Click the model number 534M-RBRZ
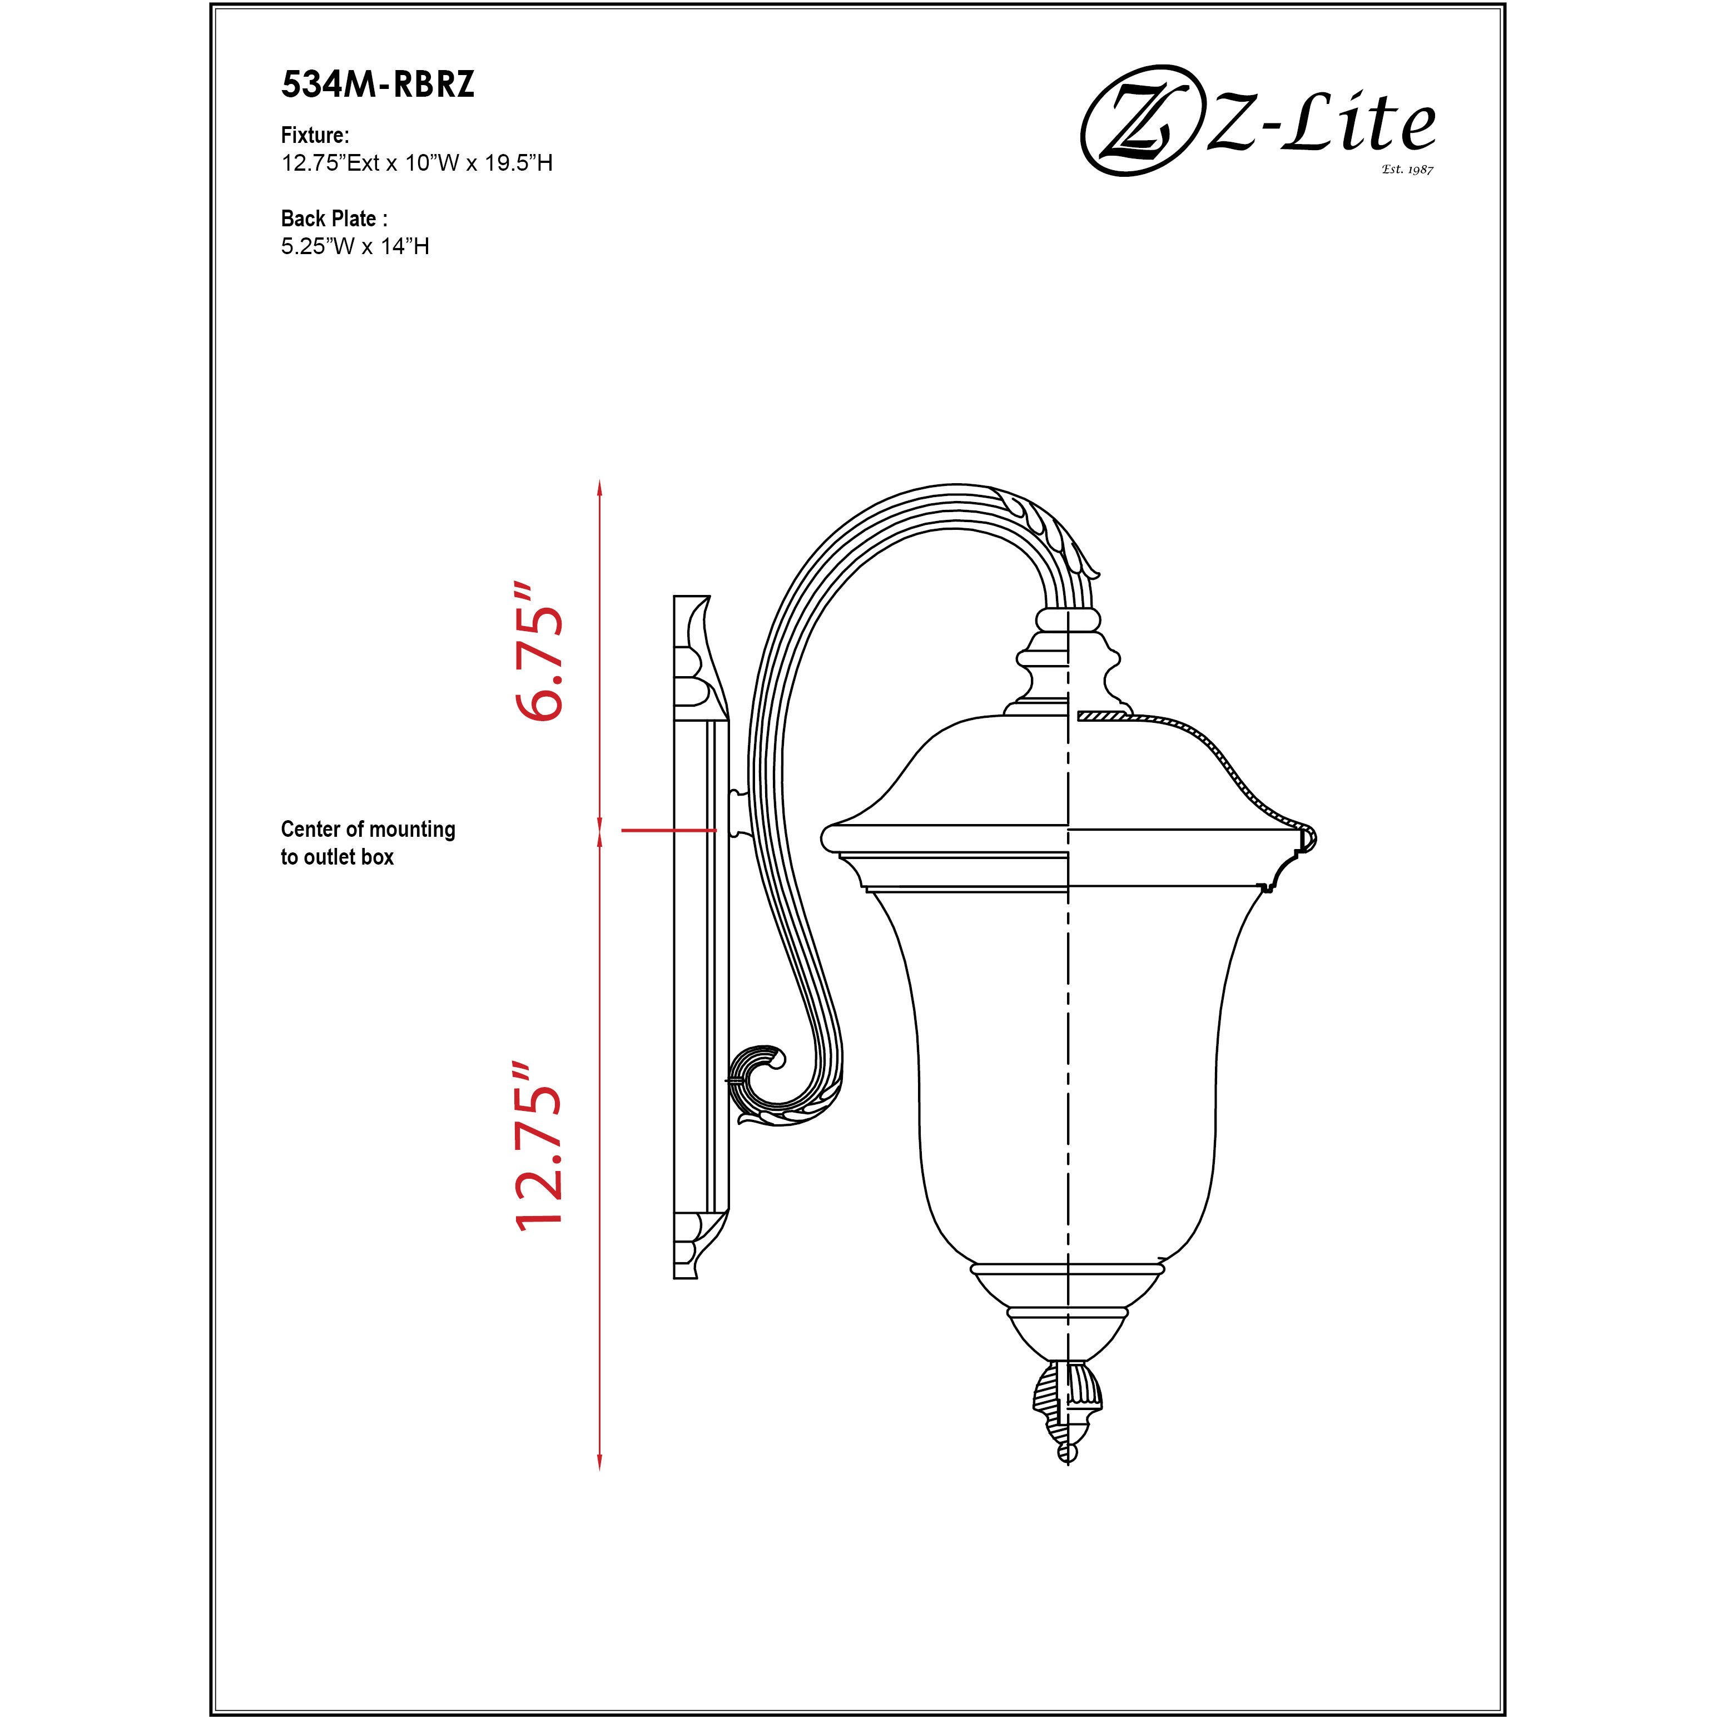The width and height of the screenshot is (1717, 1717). tap(378, 85)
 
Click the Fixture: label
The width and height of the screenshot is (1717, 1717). tap(315, 135)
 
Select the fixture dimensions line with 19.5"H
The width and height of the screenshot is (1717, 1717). tap(417, 163)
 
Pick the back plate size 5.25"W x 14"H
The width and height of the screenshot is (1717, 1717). tap(355, 246)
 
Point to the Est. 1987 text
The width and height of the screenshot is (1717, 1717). tap(1407, 169)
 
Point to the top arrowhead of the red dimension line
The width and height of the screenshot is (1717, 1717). tap(600, 488)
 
